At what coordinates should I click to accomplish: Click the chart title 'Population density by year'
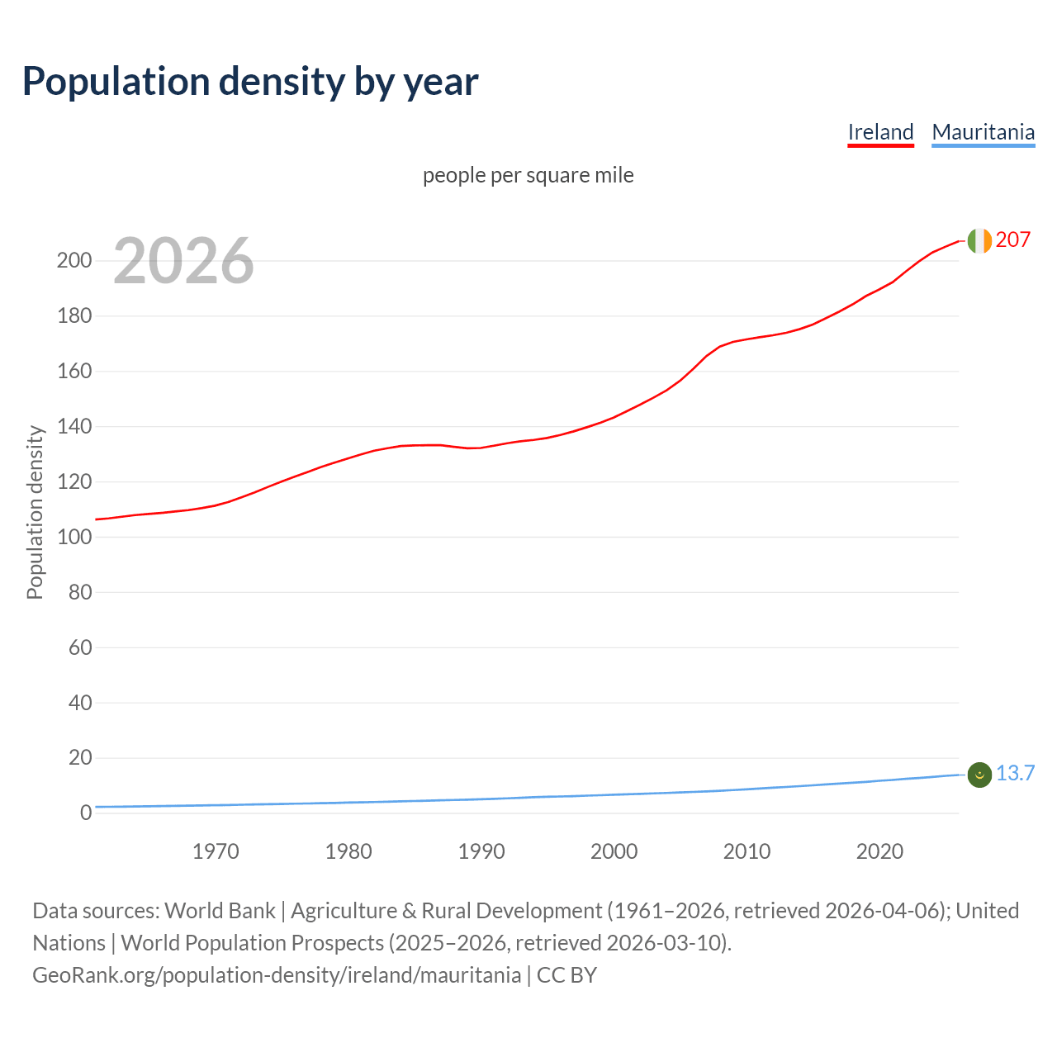click(250, 81)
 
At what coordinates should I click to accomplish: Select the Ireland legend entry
click(880, 132)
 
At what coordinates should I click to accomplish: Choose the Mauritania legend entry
click(983, 132)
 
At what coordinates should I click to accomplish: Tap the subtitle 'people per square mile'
click(528, 175)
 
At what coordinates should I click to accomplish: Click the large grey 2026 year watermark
click(183, 261)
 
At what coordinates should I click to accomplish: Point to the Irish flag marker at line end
click(979, 240)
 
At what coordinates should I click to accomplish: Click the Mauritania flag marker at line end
click(979, 775)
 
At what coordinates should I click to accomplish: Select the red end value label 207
click(1013, 239)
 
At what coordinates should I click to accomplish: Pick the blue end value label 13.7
click(1015, 773)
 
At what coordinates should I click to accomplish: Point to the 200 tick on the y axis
click(73, 261)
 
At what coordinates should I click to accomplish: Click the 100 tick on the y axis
click(73, 537)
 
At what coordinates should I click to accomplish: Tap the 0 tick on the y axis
click(85, 813)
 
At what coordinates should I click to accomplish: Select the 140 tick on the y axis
click(73, 427)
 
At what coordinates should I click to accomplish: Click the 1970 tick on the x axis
click(216, 851)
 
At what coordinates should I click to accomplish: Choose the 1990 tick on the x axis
click(481, 851)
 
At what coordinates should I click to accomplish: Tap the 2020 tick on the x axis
click(879, 851)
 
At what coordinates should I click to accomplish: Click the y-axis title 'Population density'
click(35, 512)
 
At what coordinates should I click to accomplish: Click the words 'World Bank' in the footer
click(220, 910)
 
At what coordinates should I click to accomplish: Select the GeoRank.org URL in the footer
click(277, 974)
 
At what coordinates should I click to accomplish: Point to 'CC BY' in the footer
click(566, 974)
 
